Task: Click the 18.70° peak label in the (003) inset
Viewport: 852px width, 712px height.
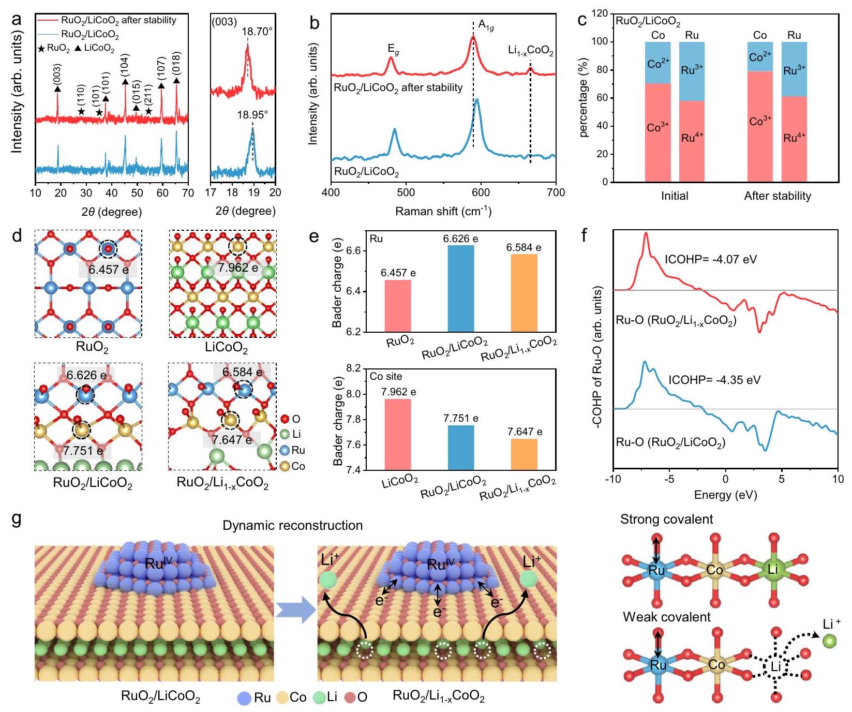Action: (x=257, y=32)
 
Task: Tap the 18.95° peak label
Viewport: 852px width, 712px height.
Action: (x=252, y=115)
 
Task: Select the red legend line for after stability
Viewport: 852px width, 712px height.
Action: (x=48, y=20)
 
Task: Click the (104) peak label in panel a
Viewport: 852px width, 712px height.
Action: (x=125, y=66)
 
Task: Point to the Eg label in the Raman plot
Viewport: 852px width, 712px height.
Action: (x=394, y=49)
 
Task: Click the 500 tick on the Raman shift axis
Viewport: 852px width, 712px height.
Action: (x=406, y=193)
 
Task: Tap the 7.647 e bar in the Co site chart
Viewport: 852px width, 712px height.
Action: (x=524, y=454)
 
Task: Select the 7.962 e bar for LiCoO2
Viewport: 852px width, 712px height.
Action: (x=398, y=434)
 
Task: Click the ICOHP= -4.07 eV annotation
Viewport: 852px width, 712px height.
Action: (x=710, y=259)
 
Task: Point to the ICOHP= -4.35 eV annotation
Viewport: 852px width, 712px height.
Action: (x=714, y=380)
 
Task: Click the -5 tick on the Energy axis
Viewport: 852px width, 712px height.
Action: (x=669, y=479)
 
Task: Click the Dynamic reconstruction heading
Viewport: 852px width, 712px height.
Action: (x=292, y=525)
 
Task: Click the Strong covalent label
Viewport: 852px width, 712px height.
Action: (x=666, y=520)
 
